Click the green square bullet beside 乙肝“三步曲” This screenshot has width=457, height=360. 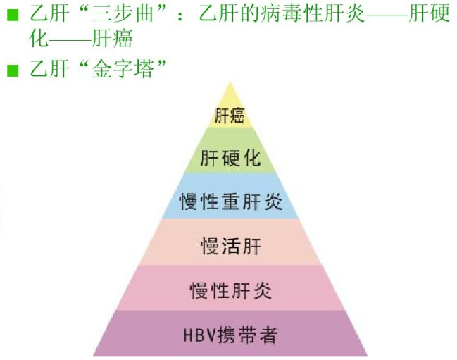pos(13,15)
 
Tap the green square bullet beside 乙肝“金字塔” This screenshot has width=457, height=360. pos(13,70)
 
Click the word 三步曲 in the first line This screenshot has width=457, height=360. pos(122,13)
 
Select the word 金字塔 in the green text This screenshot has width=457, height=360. pos(123,69)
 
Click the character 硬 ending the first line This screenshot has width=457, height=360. pos(440,13)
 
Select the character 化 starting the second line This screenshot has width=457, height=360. pos(39,38)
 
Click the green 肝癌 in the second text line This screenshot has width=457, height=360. pos(112,38)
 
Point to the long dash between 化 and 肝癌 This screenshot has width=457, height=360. pos(70,39)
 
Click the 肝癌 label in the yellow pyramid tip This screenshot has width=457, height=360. pos(230,115)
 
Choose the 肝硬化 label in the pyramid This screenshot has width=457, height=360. pos(230,159)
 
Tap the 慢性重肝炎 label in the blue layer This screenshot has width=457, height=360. pos(230,201)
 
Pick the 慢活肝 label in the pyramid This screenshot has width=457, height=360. pos(230,246)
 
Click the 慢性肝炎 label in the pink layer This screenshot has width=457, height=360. pos(230,290)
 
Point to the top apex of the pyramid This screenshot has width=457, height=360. pos(230,82)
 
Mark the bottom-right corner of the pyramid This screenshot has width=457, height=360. pos(368,356)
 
